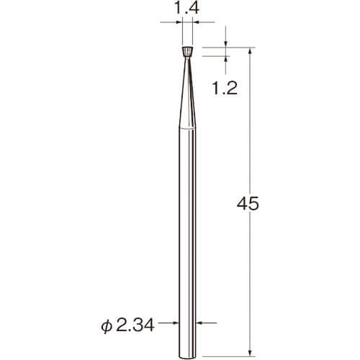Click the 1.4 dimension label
pyautogui.click(x=186, y=8)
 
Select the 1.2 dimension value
pyautogui.click(x=225, y=88)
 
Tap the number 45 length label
pyautogui.click(x=248, y=204)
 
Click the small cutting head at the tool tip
pyautogui.click(x=187, y=52)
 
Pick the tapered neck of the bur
pyautogui.click(x=187, y=93)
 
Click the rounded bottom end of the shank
pyautogui.click(x=187, y=354)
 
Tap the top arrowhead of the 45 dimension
pyautogui.click(x=250, y=51)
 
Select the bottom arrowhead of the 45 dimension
pyautogui.click(x=250, y=353)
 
